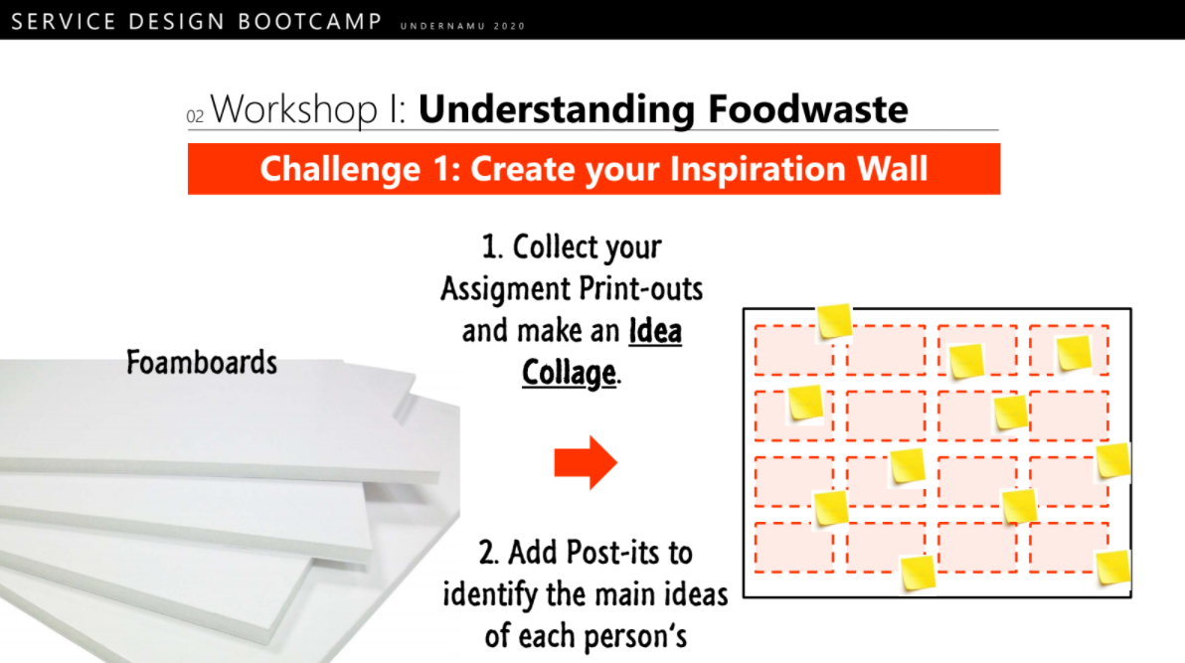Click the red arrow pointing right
(x=586, y=462)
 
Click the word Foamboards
(x=202, y=362)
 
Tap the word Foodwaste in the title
(x=808, y=109)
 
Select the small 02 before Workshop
(x=195, y=116)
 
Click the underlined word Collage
(x=569, y=373)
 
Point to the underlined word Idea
(x=655, y=331)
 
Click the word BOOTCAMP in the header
(x=310, y=21)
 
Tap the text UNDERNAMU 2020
(x=462, y=26)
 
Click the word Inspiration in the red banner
(x=758, y=169)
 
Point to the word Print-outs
(x=641, y=289)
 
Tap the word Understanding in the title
(x=557, y=109)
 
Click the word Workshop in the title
(x=294, y=109)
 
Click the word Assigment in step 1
(x=506, y=289)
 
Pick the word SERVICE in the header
(x=65, y=21)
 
